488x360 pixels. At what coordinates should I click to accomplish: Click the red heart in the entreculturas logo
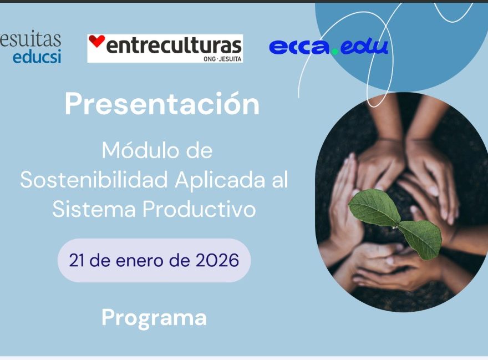[96, 41]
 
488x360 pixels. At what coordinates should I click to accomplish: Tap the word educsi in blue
[37, 57]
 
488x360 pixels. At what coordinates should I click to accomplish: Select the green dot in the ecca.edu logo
[334, 51]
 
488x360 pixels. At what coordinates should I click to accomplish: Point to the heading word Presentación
[162, 104]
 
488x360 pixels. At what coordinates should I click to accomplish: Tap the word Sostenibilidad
[94, 180]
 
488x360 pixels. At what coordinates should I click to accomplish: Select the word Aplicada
[220, 180]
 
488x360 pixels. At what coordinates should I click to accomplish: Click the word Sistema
[94, 209]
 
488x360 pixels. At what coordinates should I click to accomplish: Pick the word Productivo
[199, 209]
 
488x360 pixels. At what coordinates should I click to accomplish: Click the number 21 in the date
[77, 260]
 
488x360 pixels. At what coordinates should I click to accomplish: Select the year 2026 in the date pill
[217, 260]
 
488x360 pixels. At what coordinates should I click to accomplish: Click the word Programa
[154, 318]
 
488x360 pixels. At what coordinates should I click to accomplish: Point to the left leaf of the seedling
[374, 207]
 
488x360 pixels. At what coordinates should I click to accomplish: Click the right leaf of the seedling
[421, 238]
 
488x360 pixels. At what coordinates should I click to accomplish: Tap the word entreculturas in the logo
[174, 45]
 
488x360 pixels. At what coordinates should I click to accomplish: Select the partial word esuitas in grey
[30, 39]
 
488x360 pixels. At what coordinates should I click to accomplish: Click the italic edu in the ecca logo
[364, 47]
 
